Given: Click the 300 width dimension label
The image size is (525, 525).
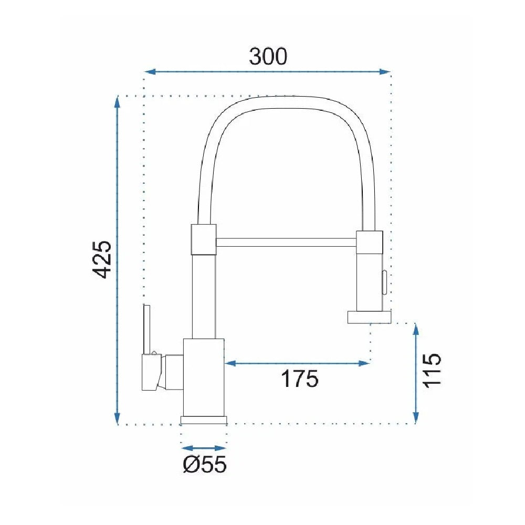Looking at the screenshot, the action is point(268,56).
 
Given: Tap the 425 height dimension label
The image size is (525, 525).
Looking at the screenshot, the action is point(102,259).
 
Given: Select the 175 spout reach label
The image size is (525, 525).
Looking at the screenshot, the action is point(299,379).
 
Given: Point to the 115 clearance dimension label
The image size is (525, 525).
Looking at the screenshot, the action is point(432,370).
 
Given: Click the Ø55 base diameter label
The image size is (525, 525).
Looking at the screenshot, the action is point(205,465).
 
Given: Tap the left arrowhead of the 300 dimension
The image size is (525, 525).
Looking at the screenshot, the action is point(150,71).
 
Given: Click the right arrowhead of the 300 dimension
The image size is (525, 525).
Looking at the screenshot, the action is point(385,71).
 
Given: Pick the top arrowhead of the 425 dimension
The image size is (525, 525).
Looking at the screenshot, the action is point(117,102).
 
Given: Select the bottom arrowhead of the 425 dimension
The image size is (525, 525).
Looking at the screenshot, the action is point(117,418).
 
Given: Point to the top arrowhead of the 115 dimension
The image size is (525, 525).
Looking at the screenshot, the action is point(415,330).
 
